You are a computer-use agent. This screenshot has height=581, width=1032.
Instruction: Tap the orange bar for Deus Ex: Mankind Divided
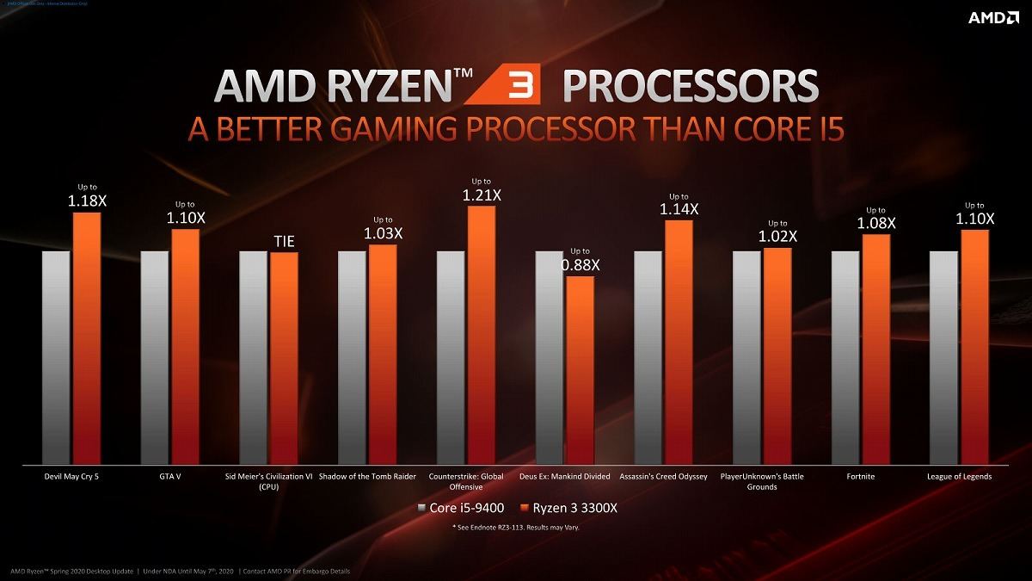[x=580, y=370]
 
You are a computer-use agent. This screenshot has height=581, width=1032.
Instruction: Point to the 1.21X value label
[x=482, y=195]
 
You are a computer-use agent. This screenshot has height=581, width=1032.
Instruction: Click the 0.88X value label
[x=580, y=265]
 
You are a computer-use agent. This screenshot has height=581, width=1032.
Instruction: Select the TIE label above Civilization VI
[x=284, y=242]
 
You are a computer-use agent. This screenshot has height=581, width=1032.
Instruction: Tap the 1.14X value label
[x=679, y=209]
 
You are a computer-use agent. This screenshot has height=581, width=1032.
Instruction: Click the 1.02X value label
[x=777, y=236]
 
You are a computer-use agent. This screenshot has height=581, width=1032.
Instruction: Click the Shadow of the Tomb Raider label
[x=367, y=476]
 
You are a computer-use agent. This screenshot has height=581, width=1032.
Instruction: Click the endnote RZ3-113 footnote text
[x=516, y=527]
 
